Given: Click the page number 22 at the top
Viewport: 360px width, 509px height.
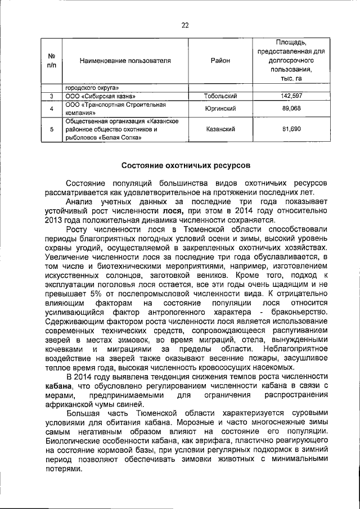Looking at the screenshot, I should point(184,25).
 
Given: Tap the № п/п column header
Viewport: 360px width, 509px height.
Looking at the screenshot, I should point(51,60).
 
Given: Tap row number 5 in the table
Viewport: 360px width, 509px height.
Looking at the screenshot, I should point(51,129).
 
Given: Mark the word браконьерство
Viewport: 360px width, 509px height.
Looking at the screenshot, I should point(298,312).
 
